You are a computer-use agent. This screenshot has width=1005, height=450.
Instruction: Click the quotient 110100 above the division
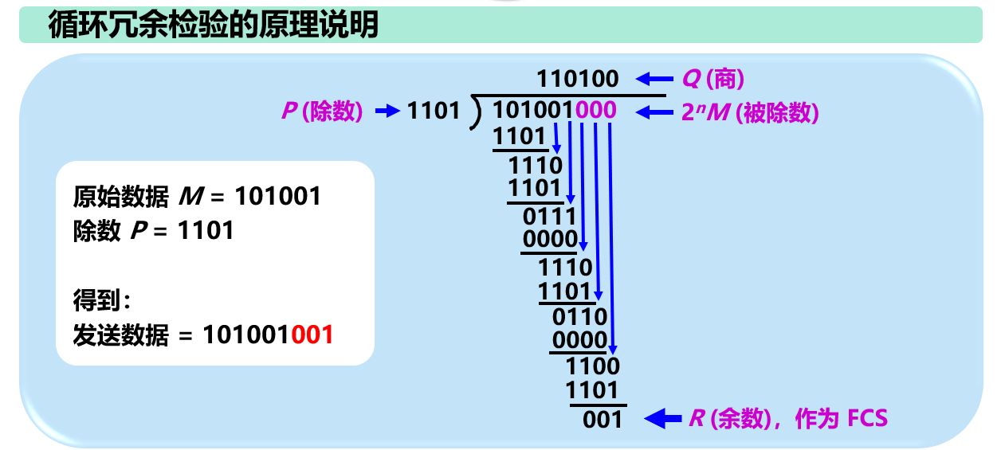577,79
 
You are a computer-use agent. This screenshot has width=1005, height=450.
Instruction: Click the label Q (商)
713,79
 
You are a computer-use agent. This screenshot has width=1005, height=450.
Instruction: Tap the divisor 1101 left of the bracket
434,112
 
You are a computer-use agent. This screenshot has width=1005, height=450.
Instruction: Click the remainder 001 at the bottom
602,419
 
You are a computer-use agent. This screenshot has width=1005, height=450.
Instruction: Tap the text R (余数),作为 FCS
787,419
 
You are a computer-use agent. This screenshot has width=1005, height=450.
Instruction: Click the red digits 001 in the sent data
312,335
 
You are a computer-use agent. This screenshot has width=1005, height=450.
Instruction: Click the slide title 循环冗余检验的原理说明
214,25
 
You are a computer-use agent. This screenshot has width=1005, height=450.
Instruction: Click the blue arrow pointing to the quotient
654,79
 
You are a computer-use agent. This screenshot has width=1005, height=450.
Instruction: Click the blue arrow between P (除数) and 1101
387,112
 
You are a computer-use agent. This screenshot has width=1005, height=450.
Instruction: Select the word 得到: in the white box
101,301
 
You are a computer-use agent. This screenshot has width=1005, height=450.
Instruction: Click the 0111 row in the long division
549,216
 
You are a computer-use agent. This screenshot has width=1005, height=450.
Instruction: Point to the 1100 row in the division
592,366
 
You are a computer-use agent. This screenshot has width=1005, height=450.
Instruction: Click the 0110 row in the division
579,316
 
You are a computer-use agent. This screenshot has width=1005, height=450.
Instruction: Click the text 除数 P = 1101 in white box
154,231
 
